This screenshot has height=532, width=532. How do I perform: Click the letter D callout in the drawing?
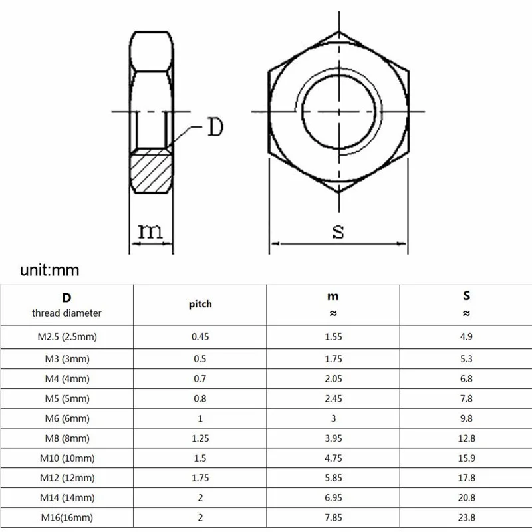point(214,126)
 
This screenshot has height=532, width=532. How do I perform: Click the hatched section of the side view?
point(152,171)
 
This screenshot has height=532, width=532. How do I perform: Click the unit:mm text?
point(50,270)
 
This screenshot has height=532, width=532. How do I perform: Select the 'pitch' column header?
point(200,304)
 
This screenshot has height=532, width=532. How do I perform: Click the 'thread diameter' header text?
point(66,313)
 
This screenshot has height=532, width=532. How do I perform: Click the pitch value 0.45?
point(200,336)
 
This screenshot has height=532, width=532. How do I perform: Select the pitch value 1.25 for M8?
point(200,439)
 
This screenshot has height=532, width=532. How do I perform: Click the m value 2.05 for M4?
point(333,378)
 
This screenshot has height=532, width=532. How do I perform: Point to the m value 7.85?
point(333,517)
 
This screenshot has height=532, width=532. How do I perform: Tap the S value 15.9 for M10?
point(466,458)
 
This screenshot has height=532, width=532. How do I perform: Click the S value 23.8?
point(466,517)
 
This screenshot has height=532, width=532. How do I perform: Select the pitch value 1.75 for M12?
point(200,477)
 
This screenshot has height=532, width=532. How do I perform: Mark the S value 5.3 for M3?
point(466,358)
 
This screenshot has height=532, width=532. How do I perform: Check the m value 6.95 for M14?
point(333,497)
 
